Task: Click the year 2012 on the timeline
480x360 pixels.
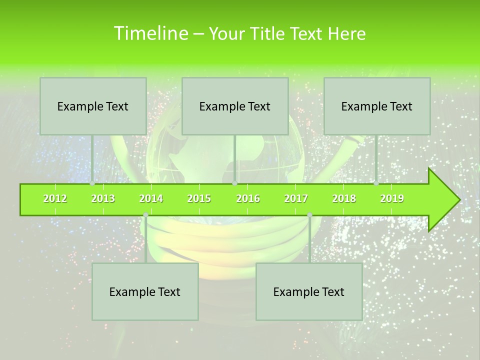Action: (55, 198)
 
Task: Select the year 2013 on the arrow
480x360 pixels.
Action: (103, 198)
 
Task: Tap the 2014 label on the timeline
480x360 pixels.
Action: (151, 198)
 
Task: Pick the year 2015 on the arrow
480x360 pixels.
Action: (199, 198)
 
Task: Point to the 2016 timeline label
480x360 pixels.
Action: (248, 198)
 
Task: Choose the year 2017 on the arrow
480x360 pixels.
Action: (296, 198)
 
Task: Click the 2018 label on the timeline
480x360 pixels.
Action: (344, 198)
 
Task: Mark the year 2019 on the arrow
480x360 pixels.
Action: (392, 198)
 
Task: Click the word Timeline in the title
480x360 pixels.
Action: (150, 33)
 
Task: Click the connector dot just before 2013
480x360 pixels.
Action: (92, 183)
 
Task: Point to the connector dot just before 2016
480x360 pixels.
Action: (234, 183)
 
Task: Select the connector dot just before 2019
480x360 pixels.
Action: (376, 183)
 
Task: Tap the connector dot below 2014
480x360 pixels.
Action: (145, 215)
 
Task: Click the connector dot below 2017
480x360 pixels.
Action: (309, 215)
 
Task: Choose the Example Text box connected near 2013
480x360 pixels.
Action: (93, 106)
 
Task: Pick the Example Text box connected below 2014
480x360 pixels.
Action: (145, 291)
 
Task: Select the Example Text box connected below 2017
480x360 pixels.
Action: (309, 291)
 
